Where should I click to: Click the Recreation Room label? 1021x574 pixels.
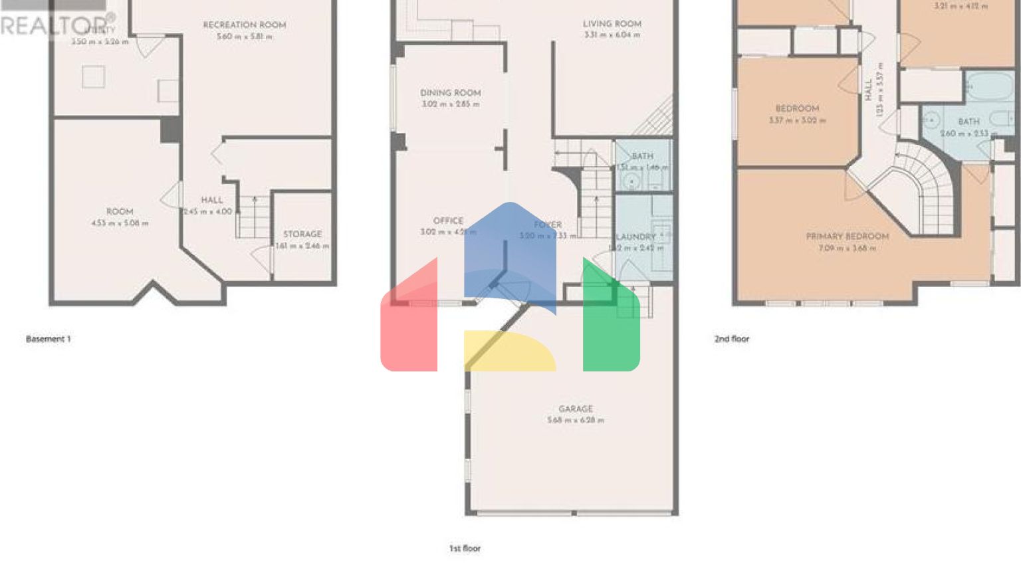(244, 25)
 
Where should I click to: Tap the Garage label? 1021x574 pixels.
(576, 409)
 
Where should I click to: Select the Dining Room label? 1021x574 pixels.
(450, 93)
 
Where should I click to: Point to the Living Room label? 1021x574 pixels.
(612, 24)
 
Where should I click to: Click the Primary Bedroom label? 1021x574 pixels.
(847, 237)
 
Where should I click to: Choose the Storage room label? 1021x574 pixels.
(302, 235)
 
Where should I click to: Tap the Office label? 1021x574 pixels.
(448, 221)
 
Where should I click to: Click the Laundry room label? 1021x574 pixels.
(637, 237)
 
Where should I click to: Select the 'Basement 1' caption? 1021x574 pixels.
(48, 339)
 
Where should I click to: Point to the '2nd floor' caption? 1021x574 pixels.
(731, 339)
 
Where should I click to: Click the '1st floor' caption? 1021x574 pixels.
(465, 549)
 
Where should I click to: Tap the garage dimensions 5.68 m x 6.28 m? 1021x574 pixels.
(576, 421)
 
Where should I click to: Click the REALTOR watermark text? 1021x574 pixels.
(53, 25)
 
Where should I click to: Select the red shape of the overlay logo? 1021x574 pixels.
(409, 326)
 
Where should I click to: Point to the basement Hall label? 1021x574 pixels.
(212, 200)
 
